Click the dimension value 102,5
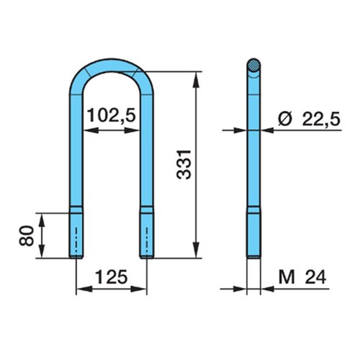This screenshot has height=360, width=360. [x=112, y=115]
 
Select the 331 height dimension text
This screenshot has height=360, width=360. [x=184, y=165]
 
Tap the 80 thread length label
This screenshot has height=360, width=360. [x=27, y=235]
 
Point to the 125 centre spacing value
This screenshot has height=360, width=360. [x=111, y=276]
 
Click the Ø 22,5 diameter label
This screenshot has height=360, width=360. [x=309, y=119]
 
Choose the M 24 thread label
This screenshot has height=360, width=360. [x=302, y=277]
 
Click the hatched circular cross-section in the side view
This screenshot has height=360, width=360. [x=253, y=65]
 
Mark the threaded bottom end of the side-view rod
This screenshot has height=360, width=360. [x=253, y=233]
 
